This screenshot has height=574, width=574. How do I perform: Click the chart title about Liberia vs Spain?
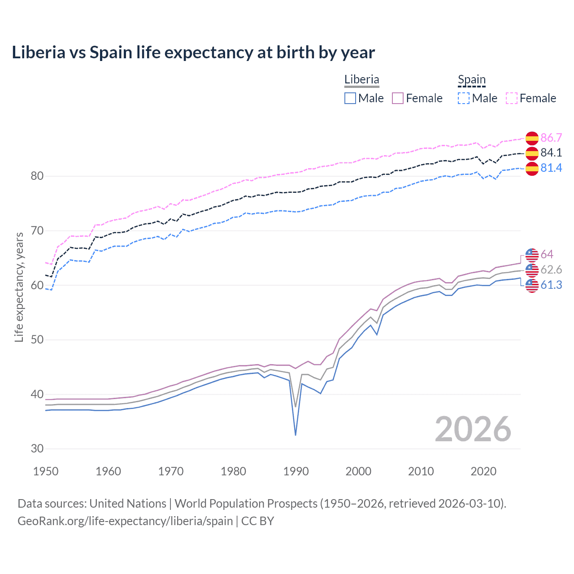point(193,52)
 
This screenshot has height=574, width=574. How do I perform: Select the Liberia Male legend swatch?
point(350,98)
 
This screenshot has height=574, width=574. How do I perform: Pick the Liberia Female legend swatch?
point(398,98)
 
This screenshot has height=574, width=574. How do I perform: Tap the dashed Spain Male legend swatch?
point(464,98)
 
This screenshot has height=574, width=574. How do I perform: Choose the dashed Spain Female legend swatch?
point(512,98)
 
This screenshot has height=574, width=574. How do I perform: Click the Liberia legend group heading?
point(361,79)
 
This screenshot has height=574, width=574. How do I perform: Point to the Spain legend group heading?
point(471,80)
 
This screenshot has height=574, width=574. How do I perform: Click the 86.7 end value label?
point(551,138)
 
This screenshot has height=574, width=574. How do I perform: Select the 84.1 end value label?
point(551,152)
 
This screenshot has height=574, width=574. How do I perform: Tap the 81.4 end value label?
point(551,168)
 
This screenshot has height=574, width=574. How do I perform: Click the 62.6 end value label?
point(551,270)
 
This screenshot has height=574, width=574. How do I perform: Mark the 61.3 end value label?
point(551,285)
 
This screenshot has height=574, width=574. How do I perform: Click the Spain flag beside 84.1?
point(532,153)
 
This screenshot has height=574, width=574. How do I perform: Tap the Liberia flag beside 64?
point(532,255)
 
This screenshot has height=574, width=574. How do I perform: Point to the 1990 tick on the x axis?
point(296,471)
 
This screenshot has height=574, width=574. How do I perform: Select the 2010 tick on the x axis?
point(421,471)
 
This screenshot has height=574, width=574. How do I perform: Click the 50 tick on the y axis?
point(37,339)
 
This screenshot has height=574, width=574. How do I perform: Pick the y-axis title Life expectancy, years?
point(19,287)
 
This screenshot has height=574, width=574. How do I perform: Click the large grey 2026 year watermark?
point(473,429)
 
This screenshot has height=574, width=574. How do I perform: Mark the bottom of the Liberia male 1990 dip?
point(296,435)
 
